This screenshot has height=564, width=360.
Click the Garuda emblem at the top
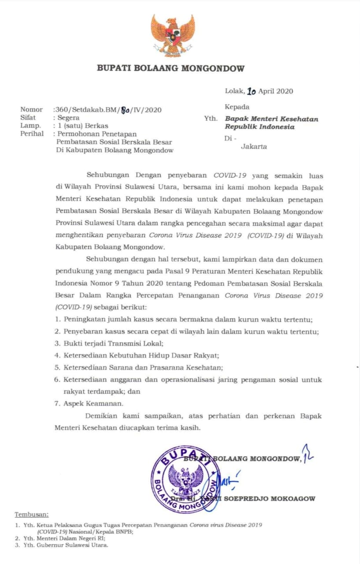173,36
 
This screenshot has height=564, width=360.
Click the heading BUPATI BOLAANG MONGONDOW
171,68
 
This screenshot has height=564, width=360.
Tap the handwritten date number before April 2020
251,92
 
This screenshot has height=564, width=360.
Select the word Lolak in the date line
234,92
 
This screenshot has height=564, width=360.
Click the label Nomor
32,110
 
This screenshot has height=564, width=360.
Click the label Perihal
32,134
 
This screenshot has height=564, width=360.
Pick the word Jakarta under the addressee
254,147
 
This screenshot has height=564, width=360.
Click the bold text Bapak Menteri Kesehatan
271,119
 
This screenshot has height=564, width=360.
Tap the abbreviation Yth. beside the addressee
211,119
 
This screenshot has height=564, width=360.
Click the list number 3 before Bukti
57,343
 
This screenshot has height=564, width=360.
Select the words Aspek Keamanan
94,403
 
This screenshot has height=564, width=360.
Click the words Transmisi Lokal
137,343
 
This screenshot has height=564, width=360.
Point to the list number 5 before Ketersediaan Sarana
57,367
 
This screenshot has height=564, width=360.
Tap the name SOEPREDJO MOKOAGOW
270,499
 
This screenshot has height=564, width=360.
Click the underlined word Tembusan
32,514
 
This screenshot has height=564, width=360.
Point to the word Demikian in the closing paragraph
102,416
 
